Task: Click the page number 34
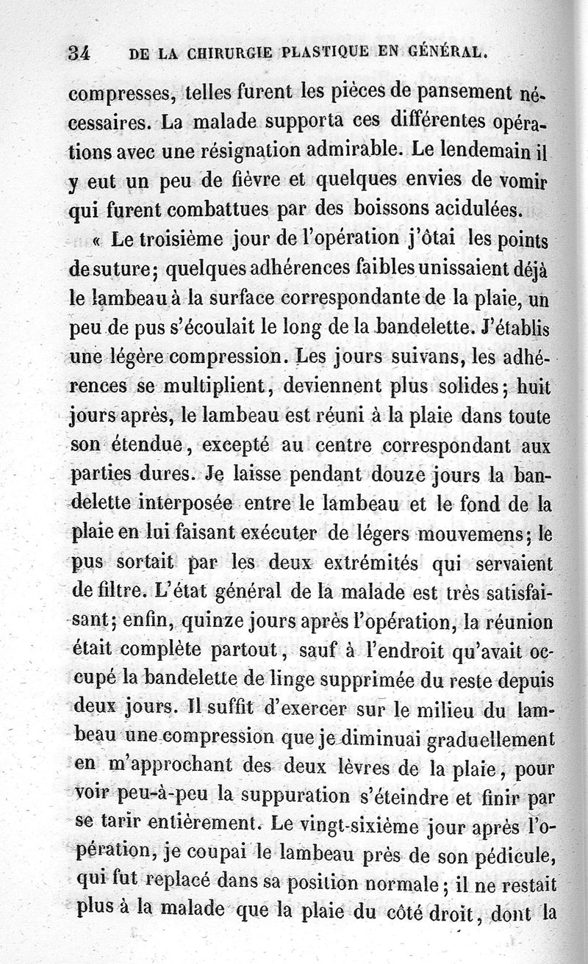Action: (x=79, y=52)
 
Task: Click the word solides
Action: (x=462, y=386)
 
